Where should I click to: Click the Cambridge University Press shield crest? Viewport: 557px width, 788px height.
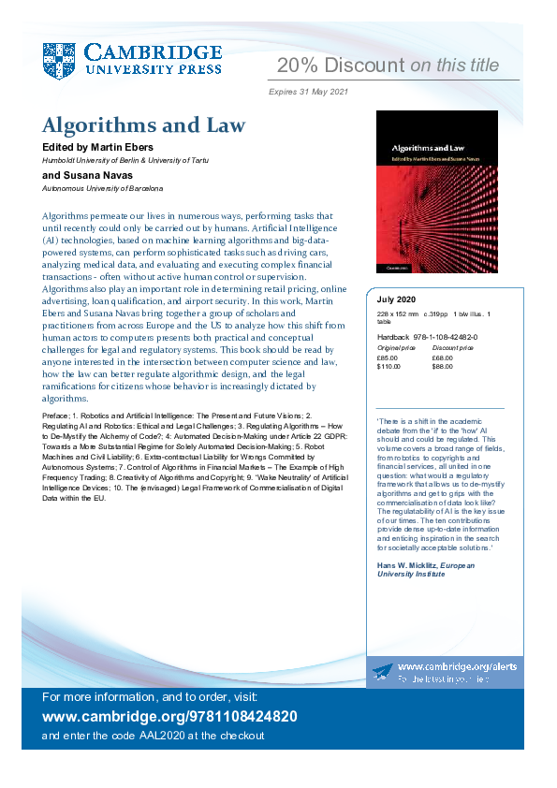click(x=59, y=60)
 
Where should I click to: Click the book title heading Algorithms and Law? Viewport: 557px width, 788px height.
click(x=143, y=125)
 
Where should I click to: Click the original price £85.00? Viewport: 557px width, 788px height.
click(x=388, y=357)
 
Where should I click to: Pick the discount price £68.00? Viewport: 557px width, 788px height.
click(x=444, y=357)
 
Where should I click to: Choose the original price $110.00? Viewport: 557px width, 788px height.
click(x=389, y=366)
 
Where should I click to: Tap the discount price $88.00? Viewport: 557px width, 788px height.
click(x=444, y=366)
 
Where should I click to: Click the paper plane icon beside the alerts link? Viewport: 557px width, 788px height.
click(x=382, y=671)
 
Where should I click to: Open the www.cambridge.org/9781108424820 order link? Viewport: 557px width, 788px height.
click(x=170, y=717)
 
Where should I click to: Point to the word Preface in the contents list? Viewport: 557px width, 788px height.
click(x=55, y=413)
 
